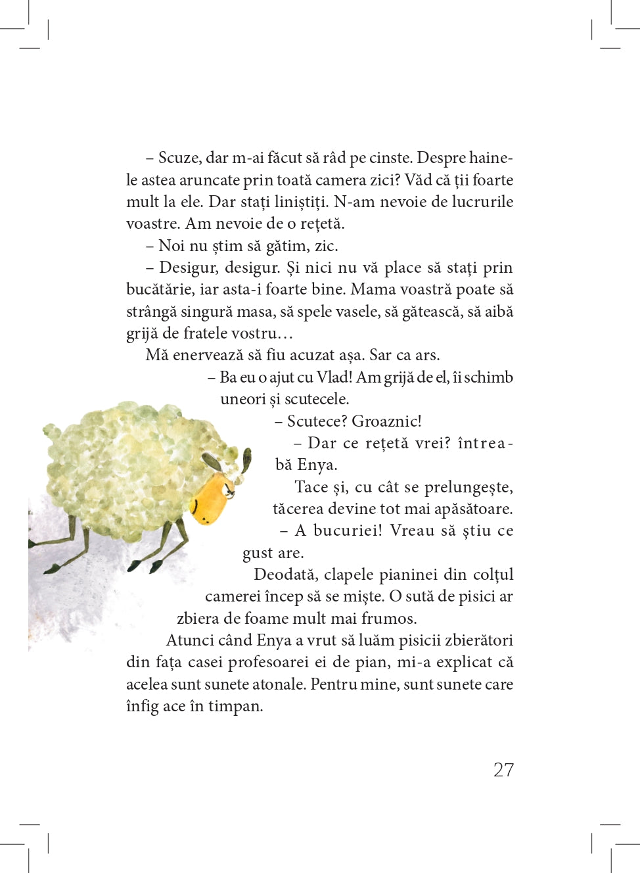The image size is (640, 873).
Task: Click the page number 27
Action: [x=503, y=770]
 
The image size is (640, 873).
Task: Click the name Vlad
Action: [x=333, y=377]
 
